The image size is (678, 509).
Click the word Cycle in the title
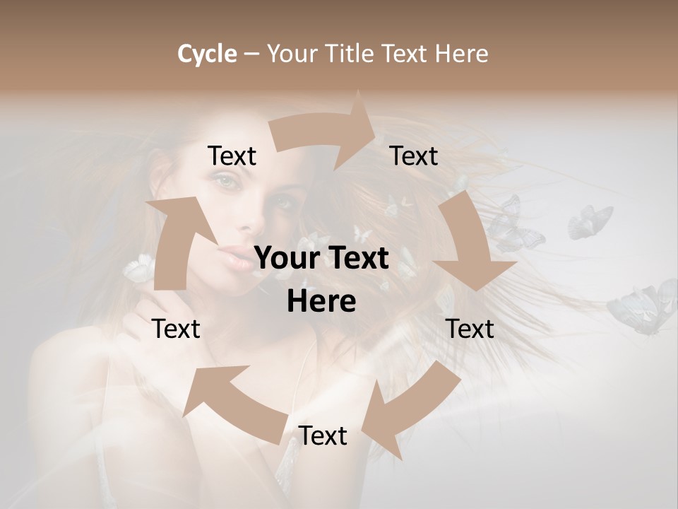coord(207,54)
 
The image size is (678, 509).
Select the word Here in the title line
coord(462,54)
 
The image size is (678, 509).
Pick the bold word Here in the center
coord(321,302)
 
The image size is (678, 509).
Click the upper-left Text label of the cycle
coord(232,156)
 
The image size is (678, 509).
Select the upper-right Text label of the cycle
coord(414,156)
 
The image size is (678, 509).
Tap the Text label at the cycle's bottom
coord(323,436)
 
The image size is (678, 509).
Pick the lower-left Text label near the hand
coord(176,329)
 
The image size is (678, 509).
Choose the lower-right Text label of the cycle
coord(470,329)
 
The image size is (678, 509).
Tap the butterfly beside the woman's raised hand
coord(139,268)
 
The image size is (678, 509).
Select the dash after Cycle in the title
coord(251,54)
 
